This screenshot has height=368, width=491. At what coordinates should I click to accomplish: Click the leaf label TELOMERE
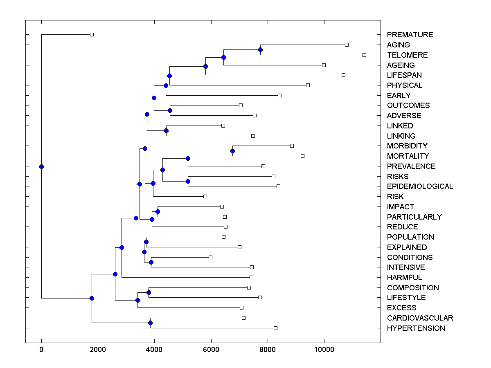pos(407,55)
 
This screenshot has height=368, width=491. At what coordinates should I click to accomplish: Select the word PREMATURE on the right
pos(410,35)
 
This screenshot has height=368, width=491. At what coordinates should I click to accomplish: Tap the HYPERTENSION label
pos(416,328)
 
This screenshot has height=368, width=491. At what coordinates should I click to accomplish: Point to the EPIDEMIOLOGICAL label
pos(420,186)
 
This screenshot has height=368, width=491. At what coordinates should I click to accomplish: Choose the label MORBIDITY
pos(407,146)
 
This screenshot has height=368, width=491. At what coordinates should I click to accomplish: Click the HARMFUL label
pos(404,278)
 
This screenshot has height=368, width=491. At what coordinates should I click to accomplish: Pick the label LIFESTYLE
pos(406,298)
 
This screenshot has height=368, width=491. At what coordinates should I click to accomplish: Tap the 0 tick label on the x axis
pos(41,350)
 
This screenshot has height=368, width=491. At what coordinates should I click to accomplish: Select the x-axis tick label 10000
pos(324,350)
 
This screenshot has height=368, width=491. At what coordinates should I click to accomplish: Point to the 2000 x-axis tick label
pos(98,350)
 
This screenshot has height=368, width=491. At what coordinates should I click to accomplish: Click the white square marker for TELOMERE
pos(364,55)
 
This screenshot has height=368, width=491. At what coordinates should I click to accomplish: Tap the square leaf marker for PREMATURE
pos(92,34)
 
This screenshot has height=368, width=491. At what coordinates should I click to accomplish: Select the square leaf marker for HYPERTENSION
pos(275,328)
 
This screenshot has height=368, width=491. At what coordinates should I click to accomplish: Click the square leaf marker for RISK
pos(205,196)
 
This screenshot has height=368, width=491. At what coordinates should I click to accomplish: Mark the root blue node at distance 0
pos(41,166)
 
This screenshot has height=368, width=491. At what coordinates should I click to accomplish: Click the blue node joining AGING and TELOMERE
pos(260,49)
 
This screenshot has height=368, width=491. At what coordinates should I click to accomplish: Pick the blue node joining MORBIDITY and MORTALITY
pos(232,151)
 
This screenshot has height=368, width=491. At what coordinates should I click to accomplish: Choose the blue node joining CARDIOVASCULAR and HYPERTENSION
pos(150,323)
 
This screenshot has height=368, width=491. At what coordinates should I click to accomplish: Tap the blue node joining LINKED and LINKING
pos(166,130)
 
